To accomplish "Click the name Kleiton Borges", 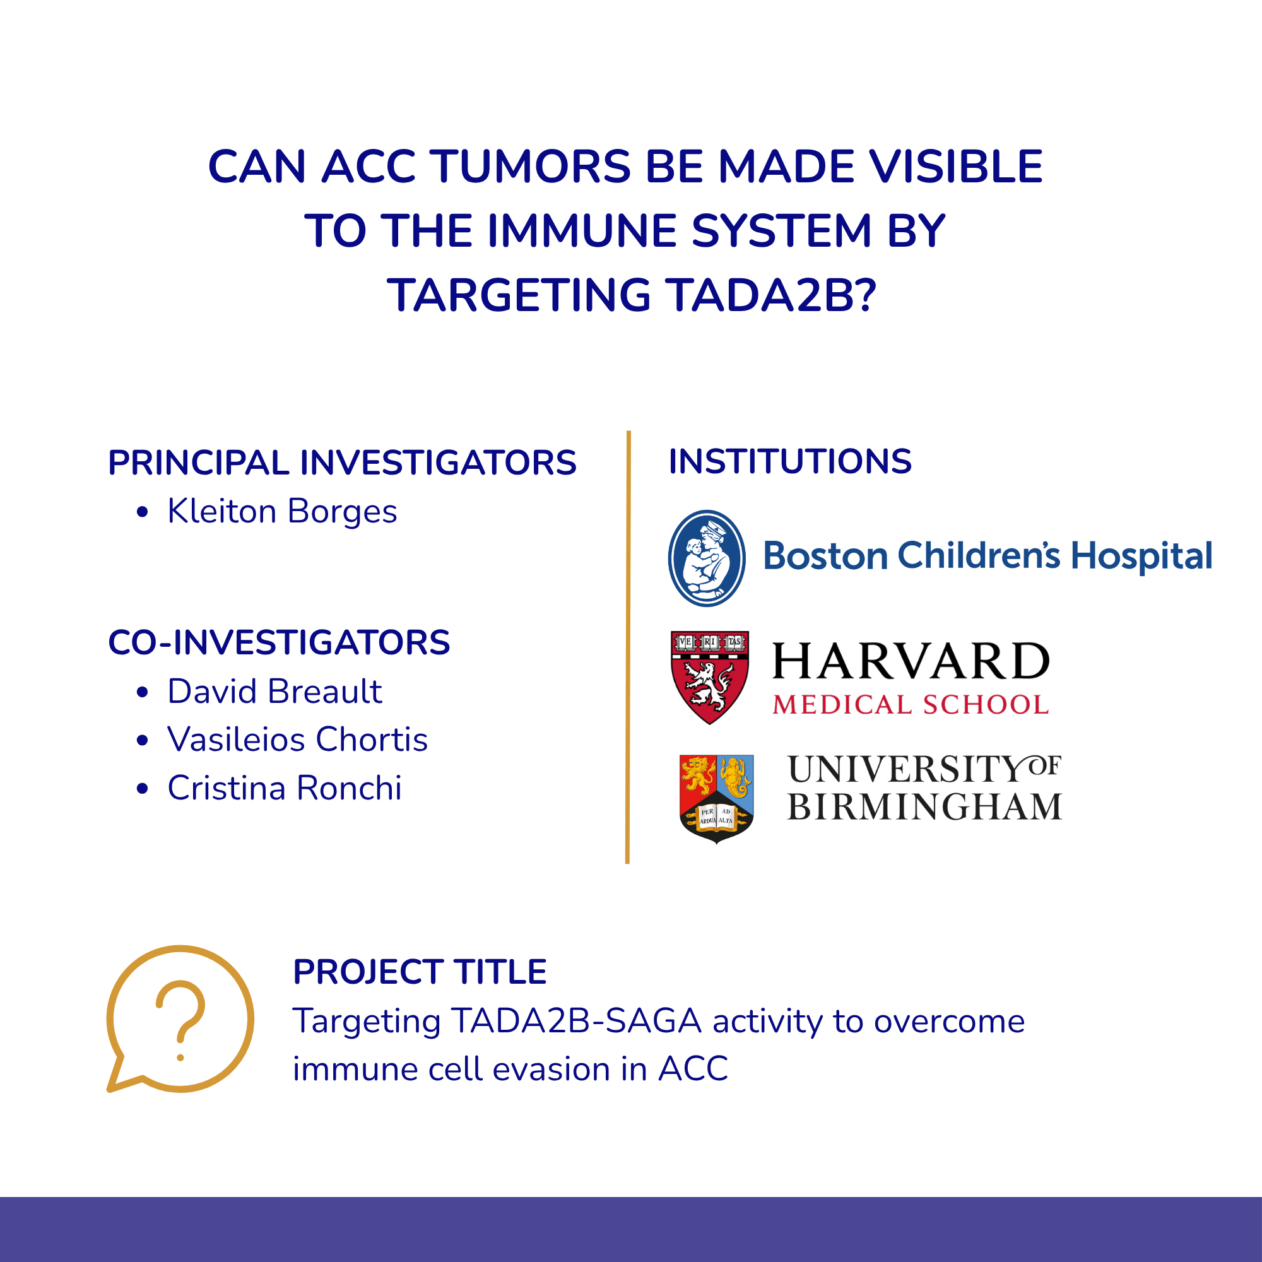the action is click(x=281, y=512).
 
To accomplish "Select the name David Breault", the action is click(x=274, y=691).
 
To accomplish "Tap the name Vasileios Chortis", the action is click(x=297, y=740).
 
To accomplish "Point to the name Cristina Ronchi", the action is click(x=284, y=787).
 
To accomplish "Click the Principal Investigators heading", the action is click(x=342, y=463).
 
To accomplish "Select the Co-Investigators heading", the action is click(x=279, y=642).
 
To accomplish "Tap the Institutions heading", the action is click(x=790, y=461).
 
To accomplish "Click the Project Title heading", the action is click(x=420, y=971).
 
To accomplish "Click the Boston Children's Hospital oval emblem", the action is click(x=707, y=558).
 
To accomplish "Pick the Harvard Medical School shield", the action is click(x=710, y=677).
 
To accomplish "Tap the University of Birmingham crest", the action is click(x=717, y=799).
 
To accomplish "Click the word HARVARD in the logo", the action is click(x=911, y=661).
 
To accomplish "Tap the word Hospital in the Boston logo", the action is click(x=1141, y=557).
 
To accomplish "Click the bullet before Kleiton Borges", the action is click(x=143, y=512).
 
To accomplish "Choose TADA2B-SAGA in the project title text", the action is click(x=576, y=1021).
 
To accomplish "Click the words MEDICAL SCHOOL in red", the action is click(x=911, y=705).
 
